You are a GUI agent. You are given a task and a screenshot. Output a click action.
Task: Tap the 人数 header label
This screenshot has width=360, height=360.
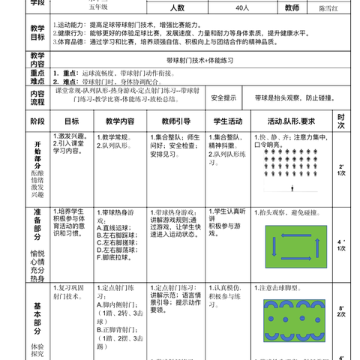click(x=178, y=8)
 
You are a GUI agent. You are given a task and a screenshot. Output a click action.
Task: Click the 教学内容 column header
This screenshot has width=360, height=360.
click(x=119, y=121)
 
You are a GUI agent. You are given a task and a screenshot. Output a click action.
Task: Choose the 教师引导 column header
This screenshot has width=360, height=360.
click(x=172, y=121)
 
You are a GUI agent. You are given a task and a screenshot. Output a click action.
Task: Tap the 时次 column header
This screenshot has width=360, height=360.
click(x=341, y=121)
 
